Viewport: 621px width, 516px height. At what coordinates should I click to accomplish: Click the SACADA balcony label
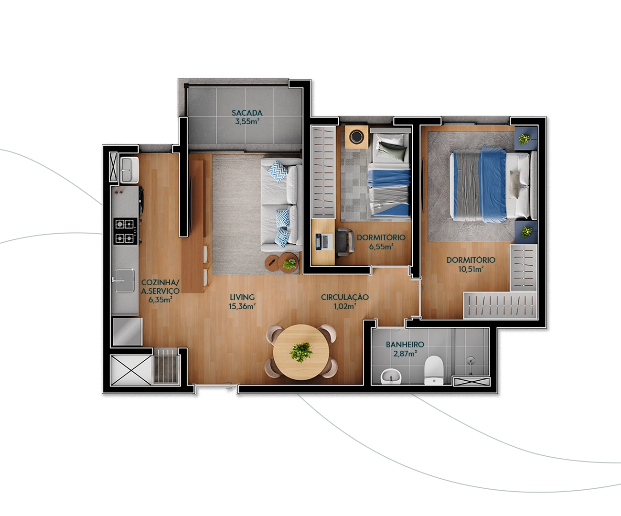pyautogui.click(x=247, y=113)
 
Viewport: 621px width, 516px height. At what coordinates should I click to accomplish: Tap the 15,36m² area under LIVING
pyautogui.click(x=242, y=306)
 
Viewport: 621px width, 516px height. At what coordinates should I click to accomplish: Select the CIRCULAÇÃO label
pyautogui.click(x=345, y=297)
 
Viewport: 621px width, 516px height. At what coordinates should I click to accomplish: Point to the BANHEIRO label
pyautogui.click(x=405, y=344)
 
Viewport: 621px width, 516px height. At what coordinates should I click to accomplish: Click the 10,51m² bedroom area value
pyautogui.click(x=471, y=269)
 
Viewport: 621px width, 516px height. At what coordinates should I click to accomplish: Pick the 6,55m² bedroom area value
pyautogui.click(x=381, y=247)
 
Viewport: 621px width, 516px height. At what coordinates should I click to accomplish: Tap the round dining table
pyautogui.click(x=301, y=352)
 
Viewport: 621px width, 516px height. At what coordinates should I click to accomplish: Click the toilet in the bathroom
pyautogui.click(x=434, y=370)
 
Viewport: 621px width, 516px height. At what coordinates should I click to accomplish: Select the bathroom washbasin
pyautogui.click(x=391, y=376)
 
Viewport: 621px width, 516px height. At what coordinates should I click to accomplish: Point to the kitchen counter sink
pyautogui.click(x=124, y=281)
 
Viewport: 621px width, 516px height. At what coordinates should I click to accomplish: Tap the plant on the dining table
pyautogui.click(x=301, y=353)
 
